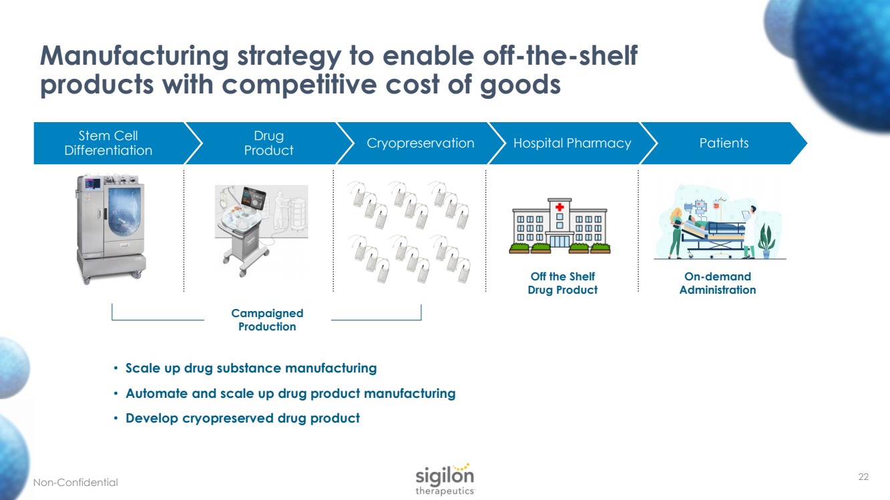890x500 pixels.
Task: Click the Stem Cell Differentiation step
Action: click(x=108, y=143)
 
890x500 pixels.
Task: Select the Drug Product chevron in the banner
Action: click(x=268, y=143)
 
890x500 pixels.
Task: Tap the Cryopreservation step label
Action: click(x=421, y=143)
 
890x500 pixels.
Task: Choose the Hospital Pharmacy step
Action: click(x=572, y=143)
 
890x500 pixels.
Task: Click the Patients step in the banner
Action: click(x=724, y=143)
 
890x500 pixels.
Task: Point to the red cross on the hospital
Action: click(x=560, y=208)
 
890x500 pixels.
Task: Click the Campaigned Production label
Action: click(x=267, y=320)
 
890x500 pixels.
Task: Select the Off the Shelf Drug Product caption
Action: click(x=562, y=283)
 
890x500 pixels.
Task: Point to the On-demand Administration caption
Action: click(x=718, y=283)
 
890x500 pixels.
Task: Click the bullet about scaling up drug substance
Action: click(x=251, y=368)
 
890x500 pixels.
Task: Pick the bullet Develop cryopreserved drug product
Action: click(x=242, y=419)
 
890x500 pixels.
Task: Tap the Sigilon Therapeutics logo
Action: click(x=445, y=478)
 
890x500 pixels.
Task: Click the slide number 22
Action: click(x=863, y=477)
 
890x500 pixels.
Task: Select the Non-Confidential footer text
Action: click(x=75, y=482)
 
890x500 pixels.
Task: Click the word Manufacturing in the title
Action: click(x=134, y=57)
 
